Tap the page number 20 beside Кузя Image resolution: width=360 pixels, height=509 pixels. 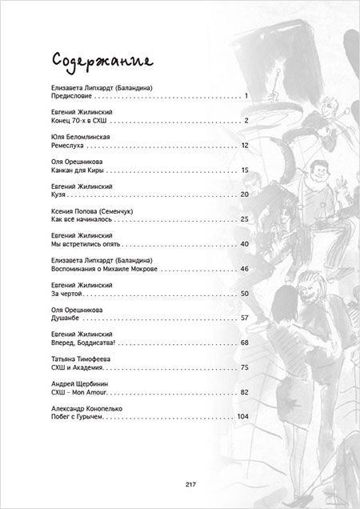(x=245, y=194)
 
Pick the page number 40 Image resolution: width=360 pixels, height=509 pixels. (x=245, y=243)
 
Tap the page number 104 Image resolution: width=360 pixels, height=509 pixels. (x=242, y=417)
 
